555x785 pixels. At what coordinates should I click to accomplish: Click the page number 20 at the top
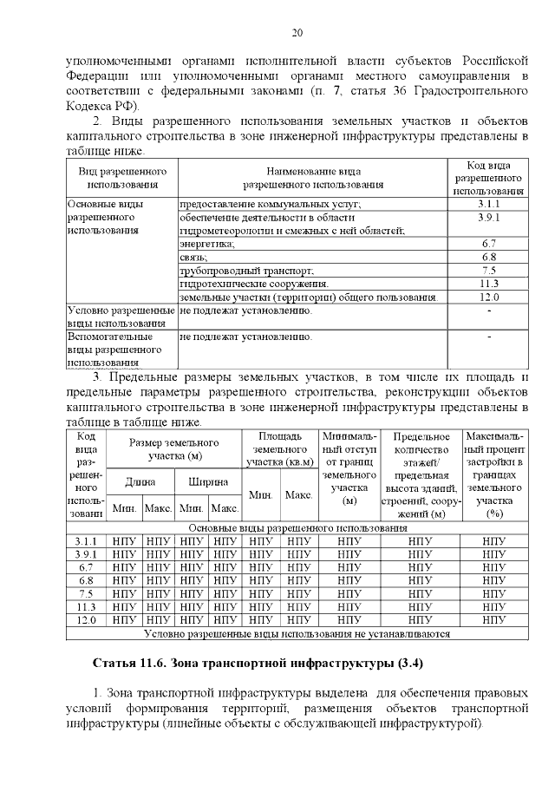pyautogui.click(x=297, y=32)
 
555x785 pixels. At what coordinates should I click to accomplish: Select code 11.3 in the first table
pyautogui.click(x=488, y=284)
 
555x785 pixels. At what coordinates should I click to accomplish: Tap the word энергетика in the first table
pyautogui.click(x=207, y=244)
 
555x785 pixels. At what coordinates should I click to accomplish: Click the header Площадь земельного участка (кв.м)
pyautogui.click(x=280, y=449)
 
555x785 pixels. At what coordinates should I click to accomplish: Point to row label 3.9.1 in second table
pyautogui.click(x=86, y=553)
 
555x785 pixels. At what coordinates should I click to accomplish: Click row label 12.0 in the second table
pyautogui.click(x=86, y=619)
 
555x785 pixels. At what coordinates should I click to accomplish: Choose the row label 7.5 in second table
pyautogui.click(x=86, y=593)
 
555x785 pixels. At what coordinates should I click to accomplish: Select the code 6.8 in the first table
pyautogui.click(x=488, y=258)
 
